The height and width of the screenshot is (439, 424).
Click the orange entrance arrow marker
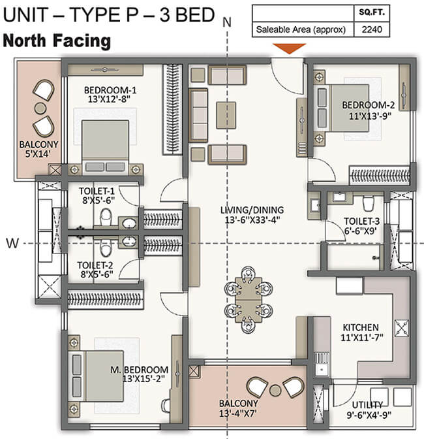pos(289,48)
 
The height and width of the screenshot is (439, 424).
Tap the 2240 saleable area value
pos(372,29)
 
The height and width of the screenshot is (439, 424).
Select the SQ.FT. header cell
pos(372,12)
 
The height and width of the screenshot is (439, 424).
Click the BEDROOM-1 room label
pos(110,90)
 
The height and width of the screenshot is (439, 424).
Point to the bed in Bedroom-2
pos(342,108)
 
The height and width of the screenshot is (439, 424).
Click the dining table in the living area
pos(249,300)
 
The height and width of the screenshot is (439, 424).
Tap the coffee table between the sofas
pos(226,116)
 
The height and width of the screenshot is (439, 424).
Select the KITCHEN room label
pos(361,327)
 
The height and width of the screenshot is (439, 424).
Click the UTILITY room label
pos(367,405)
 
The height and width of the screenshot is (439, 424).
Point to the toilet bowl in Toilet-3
pos(368,204)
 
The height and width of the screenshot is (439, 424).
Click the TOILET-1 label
pos(97,191)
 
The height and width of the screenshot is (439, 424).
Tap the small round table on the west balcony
pos(41,108)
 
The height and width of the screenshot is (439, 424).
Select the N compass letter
pos(227,22)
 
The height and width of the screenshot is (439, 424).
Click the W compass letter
pos(12,243)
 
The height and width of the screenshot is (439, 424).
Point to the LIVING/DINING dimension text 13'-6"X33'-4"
pos(252,219)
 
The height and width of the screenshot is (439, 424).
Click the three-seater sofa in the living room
pos(199,116)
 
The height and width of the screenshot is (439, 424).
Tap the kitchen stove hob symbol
pos(402,327)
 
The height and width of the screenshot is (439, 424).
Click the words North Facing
pos(57,41)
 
